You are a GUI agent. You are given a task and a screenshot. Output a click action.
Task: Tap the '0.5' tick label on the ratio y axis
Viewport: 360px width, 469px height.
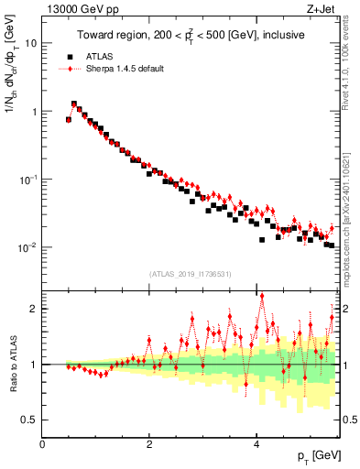pos(30,420)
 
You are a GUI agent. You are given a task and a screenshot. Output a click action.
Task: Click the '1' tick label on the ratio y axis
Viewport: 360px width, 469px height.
pos(35,365)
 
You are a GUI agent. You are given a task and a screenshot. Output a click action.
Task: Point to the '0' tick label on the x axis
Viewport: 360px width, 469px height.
pos(43,444)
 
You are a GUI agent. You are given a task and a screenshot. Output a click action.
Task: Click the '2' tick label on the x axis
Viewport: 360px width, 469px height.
pos(149,444)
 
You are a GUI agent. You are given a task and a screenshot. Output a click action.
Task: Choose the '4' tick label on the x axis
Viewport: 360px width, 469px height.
pos(256,444)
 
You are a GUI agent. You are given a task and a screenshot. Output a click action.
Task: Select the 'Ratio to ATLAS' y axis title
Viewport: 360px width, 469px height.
pos(12,364)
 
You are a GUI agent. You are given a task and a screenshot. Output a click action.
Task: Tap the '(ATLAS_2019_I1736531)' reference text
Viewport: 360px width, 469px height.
pos(191,274)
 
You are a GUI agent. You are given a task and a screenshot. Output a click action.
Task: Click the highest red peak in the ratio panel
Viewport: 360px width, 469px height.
pos(262,296)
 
